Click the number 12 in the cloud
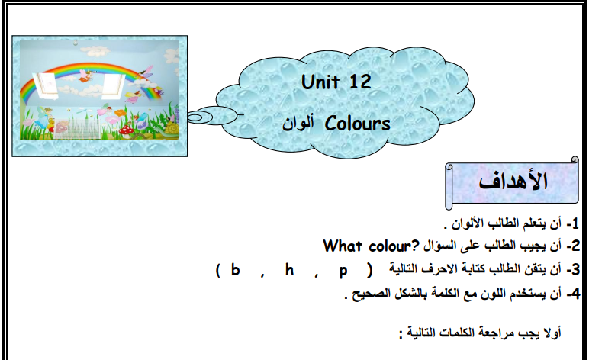point(360,82)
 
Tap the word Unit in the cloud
point(320,82)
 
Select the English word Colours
point(358,124)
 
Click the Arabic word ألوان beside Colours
point(298,123)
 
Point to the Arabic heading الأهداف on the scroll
point(513,182)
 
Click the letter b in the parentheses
point(235,269)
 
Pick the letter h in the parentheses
point(289,269)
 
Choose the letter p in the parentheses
point(343,272)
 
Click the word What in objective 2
point(343,246)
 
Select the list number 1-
point(573,223)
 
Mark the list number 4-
point(573,294)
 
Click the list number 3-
point(573,269)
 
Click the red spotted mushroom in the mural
point(125,130)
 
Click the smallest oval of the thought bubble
point(195,118)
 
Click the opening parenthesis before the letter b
point(218,270)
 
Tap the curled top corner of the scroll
point(575,159)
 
